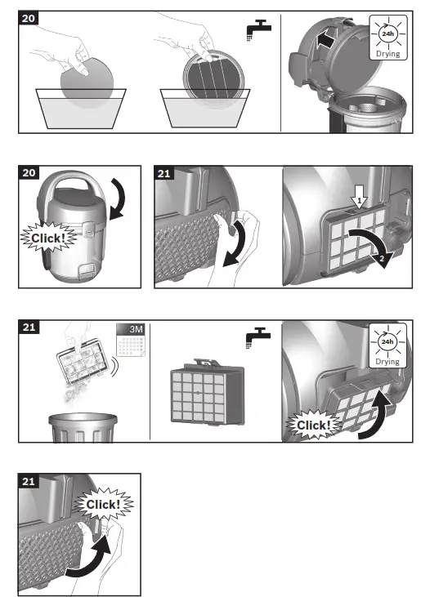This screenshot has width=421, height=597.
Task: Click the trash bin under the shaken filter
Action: pyautogui.click(x=83, y=428)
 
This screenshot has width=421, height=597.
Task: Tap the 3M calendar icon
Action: pyautogui.click(x=131, y=340)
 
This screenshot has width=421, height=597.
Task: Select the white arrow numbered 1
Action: pyautogui.click(x=359, y=197)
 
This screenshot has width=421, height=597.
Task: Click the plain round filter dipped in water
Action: pyautogui.click(x=87, y=82)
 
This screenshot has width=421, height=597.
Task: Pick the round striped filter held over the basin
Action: pyautogui.click(x=213, y=79)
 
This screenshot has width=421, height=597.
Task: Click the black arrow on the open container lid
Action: pyautogui.click(x=325, y=39)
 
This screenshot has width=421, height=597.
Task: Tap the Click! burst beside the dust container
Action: pyautogui.click(x=48, y=238)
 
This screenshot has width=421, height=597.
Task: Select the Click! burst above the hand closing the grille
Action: pyautogui.click(x=103, y=504)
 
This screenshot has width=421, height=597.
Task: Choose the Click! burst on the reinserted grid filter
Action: pyautogui.click(x=314, y=425)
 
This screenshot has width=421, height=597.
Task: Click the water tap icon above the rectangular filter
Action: pyautogui.click(x=258, y=337)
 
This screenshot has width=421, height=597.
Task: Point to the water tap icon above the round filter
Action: pyautogui.click(x=259, y=29)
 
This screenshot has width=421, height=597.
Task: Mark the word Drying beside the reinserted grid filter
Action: pyautogui.click(x=387, y=361)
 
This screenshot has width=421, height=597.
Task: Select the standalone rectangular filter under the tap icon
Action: pyautogui.click(x=208, y=391)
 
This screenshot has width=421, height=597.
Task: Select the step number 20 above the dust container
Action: pyautogui.click(x=29, y=172)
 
